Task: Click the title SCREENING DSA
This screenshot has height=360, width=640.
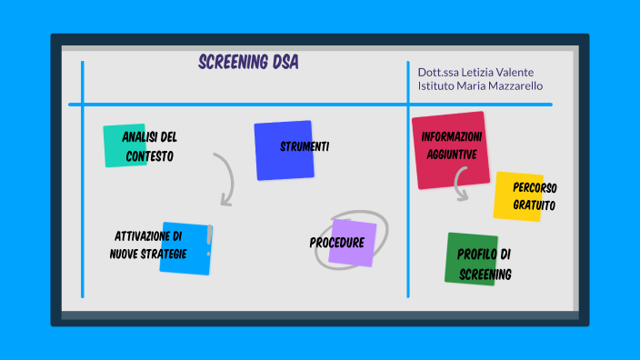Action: tap(247, 64)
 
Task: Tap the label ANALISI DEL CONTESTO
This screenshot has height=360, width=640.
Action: tap(150, 146)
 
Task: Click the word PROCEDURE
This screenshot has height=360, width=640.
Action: tap(336, 243)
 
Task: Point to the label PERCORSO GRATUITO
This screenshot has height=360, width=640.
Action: tap(535, 196)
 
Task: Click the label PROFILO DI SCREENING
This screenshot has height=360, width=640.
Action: tap(485, 264)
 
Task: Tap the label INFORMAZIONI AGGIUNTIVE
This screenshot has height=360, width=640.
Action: tap(452, 145)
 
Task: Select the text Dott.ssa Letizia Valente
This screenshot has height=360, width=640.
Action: tap(475, 72)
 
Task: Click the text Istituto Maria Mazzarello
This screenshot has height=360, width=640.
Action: tap(481, 86)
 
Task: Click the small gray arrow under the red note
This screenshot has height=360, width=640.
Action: tap(460, 188)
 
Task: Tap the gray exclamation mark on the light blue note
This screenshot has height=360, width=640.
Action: tap(209, 238)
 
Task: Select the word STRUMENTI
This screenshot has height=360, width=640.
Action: tap(305, 146)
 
